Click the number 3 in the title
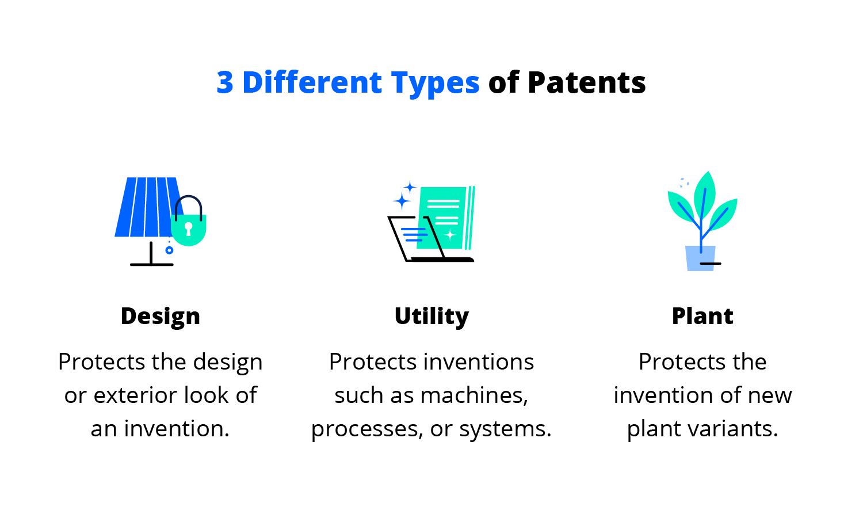pyautogui.click(x=225, y=82)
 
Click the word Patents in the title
pyautogui.click(x=586, y=82)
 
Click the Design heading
pyautogui.click(x=161, y=317)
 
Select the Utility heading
pyautogui.click(x=431, y=317)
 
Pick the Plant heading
pyautogui.click(x=702, y=316)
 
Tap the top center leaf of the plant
pyautogui.click(x=705, y=193)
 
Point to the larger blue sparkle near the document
pyautogui.click(x=402, y=201)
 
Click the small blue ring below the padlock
pyautogui.click(x=169, y=250)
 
